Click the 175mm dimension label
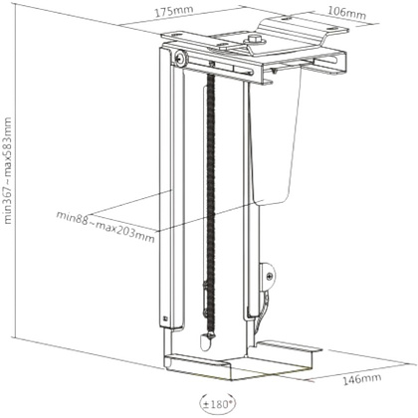click(x=174, y=11)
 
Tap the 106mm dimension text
click(x=347, y=13)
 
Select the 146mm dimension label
click(x=362, y=378)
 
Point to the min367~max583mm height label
click(x=7, y=170)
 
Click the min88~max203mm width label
click(x=105, y=227)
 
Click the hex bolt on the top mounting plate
click(x=254, y=40)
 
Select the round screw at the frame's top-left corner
click(x=180, y=59)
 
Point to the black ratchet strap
click(x=210, y=206)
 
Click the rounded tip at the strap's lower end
click(x=205, y=342)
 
